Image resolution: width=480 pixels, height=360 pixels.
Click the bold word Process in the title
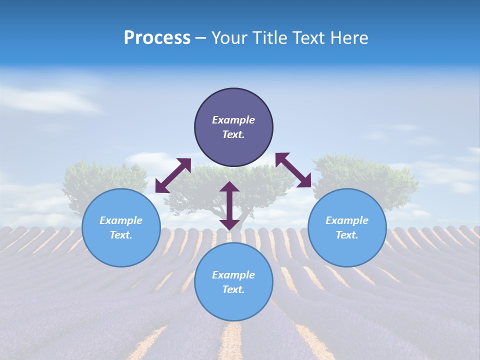click(157, 38)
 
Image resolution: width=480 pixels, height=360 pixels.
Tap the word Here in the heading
click(349, 38)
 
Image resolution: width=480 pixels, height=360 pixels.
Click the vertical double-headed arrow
click(229, 205)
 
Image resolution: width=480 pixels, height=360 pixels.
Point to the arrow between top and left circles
click(173, 175)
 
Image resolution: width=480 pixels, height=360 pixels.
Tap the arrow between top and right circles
click(293, 170)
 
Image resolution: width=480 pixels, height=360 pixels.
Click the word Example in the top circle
click(233, 120)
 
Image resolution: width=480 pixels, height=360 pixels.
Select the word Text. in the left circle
click(121, 235)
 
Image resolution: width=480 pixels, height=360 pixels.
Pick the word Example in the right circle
click(347, 220)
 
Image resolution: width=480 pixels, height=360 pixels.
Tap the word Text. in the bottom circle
click(233, 289)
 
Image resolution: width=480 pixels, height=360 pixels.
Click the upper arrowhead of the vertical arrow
click(229, 187)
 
